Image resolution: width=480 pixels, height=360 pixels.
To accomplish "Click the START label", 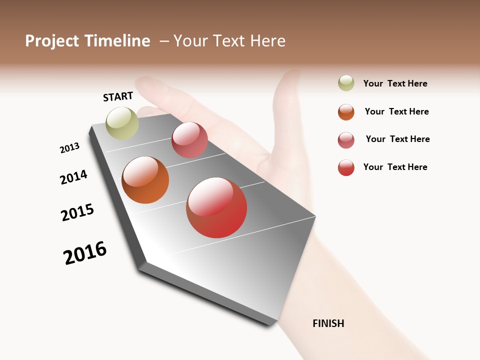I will (118, 96).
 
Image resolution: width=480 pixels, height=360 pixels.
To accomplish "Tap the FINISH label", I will (328, 323).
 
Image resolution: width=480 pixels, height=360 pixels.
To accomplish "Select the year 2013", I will (69, 148).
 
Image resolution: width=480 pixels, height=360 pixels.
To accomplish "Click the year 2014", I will (73, 177).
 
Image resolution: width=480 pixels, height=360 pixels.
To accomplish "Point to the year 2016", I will (85, 253).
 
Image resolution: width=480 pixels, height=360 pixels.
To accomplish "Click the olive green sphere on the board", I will (122, 123).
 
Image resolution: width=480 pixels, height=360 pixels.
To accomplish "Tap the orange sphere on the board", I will (145, 180).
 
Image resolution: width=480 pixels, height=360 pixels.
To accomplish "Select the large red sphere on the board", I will (216, 207).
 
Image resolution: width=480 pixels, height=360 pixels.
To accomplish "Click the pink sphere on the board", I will (189, 140).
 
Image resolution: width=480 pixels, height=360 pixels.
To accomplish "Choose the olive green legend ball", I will (346, 83).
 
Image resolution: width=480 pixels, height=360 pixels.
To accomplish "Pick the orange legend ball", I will (346, 112).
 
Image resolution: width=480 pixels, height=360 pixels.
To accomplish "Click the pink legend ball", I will (346, 140).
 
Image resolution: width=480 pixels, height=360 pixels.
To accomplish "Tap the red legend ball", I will (346, 167).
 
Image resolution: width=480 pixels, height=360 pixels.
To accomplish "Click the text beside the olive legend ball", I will (395, 83).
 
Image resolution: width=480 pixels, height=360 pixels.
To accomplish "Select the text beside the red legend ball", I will (395, 167).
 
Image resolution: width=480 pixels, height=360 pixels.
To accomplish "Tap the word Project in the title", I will (52, 41).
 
